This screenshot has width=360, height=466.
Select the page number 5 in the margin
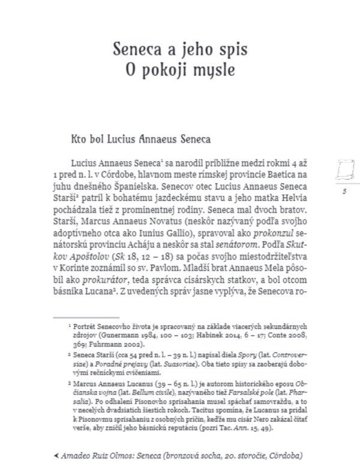pos(344,191)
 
